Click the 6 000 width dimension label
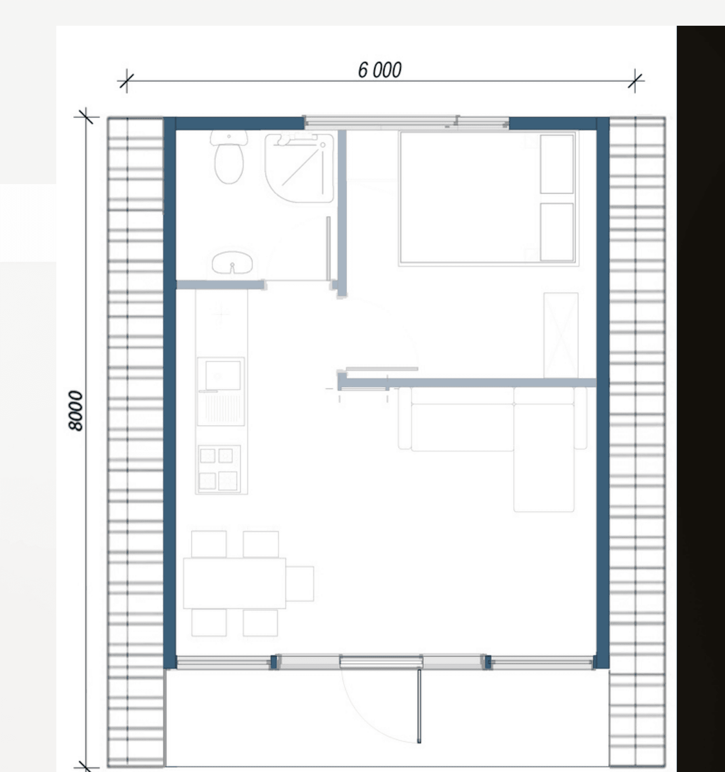tap(380, 70)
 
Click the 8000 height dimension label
tap(76, 411)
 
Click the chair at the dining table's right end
tap(300, 583)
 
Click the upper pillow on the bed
tap(557, 164)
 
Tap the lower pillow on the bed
tap(557, 232)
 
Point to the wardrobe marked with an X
tap(561, 335)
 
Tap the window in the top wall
tap(406, 122)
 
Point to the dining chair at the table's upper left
tap(209, 544)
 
